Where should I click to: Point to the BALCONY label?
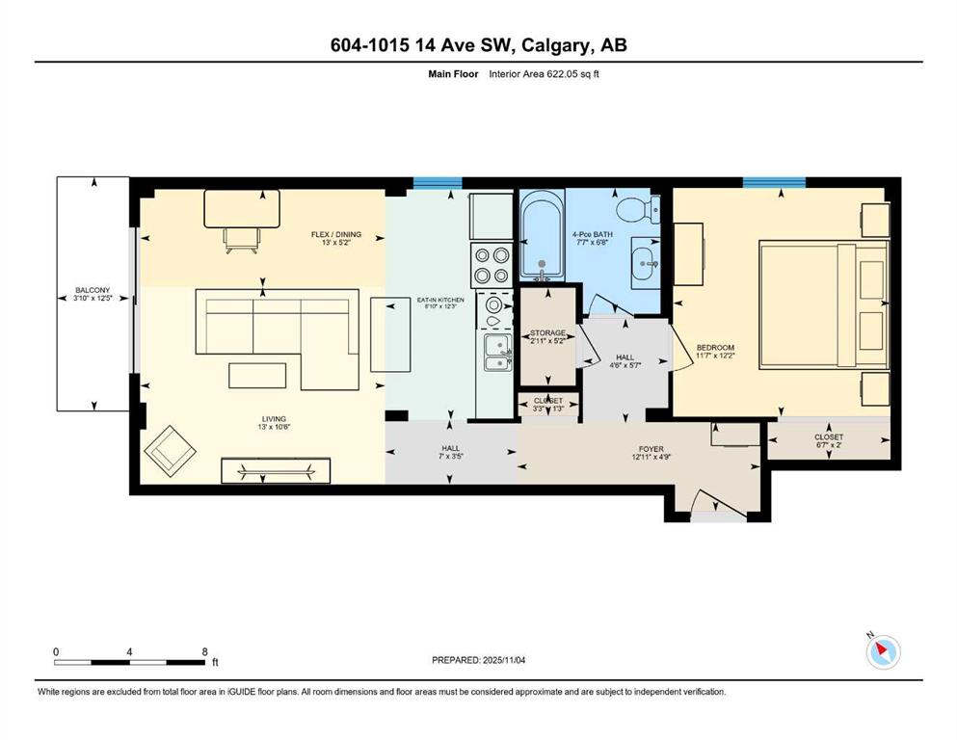[x=93, y=290]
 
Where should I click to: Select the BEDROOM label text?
[x=716, y=348]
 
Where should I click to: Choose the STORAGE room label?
[x=547, y=333]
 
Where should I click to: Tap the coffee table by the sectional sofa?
[x=257, y=374]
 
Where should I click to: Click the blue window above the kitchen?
[x=437, y=182]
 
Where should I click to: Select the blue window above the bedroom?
[x=773, y=181]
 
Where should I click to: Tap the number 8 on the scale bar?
[x=204, y=651]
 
